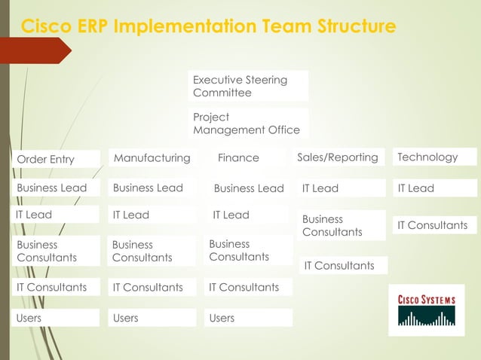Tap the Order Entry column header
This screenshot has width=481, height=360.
[57, 159]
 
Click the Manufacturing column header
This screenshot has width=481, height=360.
[152, 157]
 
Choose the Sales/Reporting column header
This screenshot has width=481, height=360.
[339, 157]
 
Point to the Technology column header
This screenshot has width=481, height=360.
[436, 157]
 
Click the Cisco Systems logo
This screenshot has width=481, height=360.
[426, 310]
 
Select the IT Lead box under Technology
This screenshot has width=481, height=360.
[436, 188]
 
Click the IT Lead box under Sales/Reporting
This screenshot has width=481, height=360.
[341, 188]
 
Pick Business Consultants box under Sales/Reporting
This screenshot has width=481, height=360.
[341, 225]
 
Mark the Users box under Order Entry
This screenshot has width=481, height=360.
[57, 318]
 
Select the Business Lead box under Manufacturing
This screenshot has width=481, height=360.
[152, 188]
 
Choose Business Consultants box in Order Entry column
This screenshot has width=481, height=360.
[57, 251]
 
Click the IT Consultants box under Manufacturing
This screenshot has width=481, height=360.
[152, 287]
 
